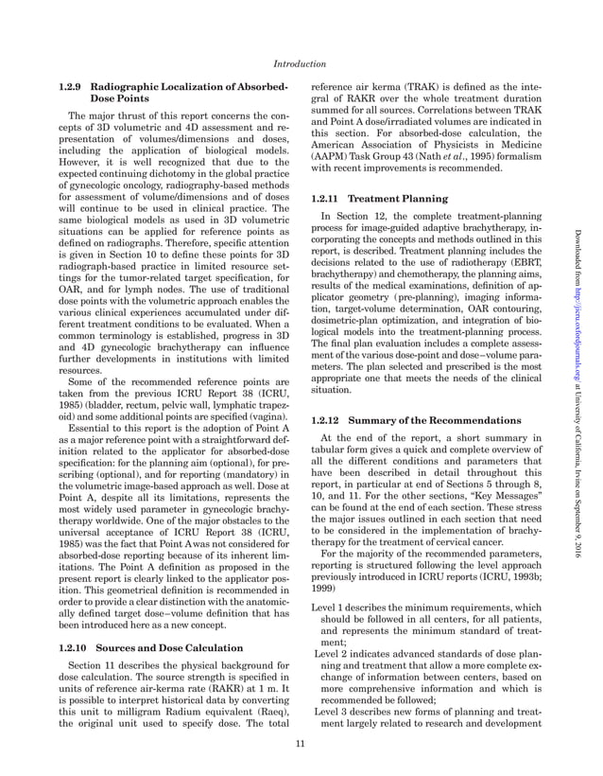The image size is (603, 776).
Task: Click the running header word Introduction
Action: (301, 64)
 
